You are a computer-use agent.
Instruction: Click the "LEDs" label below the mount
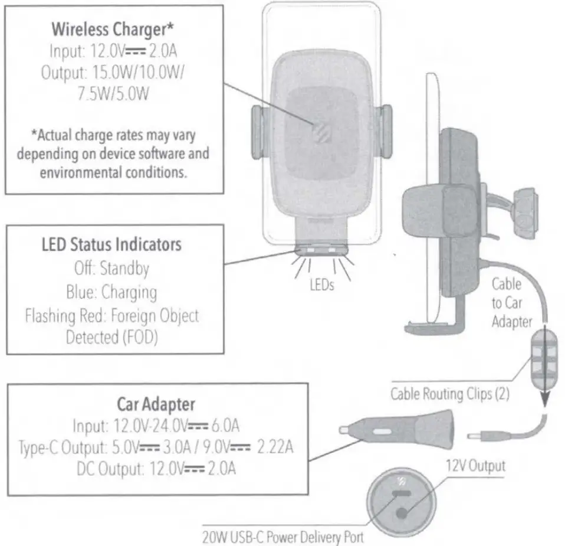[x=322, y=285]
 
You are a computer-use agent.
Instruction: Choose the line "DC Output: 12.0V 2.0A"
[x=156, y=469]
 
